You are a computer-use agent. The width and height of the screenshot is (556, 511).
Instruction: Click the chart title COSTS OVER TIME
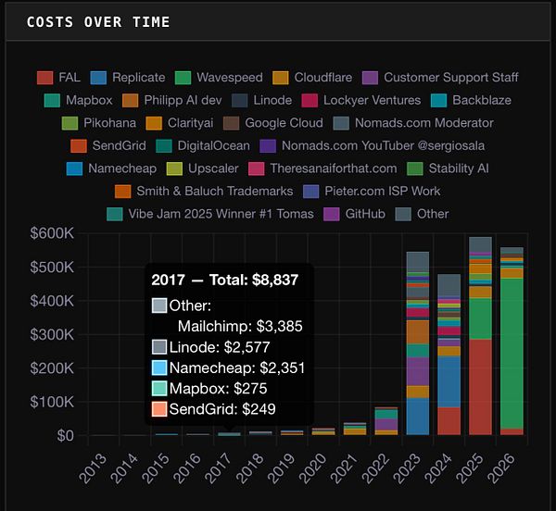tap(97, 21)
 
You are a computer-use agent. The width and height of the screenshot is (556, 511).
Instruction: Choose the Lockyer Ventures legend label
tap(372, 100)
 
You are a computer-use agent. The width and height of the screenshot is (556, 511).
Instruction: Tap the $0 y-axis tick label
tap(65, 435)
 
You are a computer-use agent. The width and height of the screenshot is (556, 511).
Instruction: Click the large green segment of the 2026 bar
tap(512, 352)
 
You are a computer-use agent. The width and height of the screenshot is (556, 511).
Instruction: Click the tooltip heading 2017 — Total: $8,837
tap(225, 280)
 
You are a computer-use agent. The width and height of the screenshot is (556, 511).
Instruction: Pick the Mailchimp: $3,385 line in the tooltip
tap(240, 326)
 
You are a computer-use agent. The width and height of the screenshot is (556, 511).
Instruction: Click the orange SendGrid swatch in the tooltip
tap(159, 408)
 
